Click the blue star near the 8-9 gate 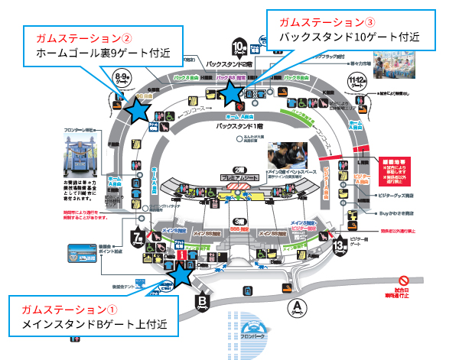138,109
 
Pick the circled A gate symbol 297,307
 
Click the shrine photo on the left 75,156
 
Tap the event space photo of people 288,159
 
